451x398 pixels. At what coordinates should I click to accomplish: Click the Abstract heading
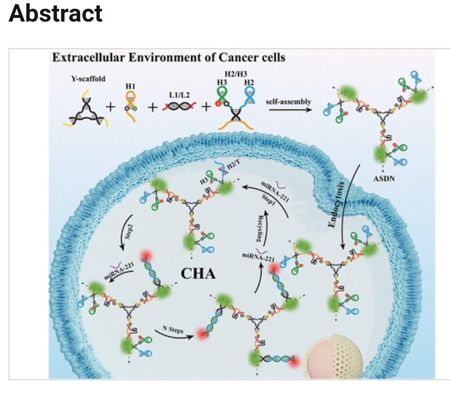(x=55, y=14)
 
